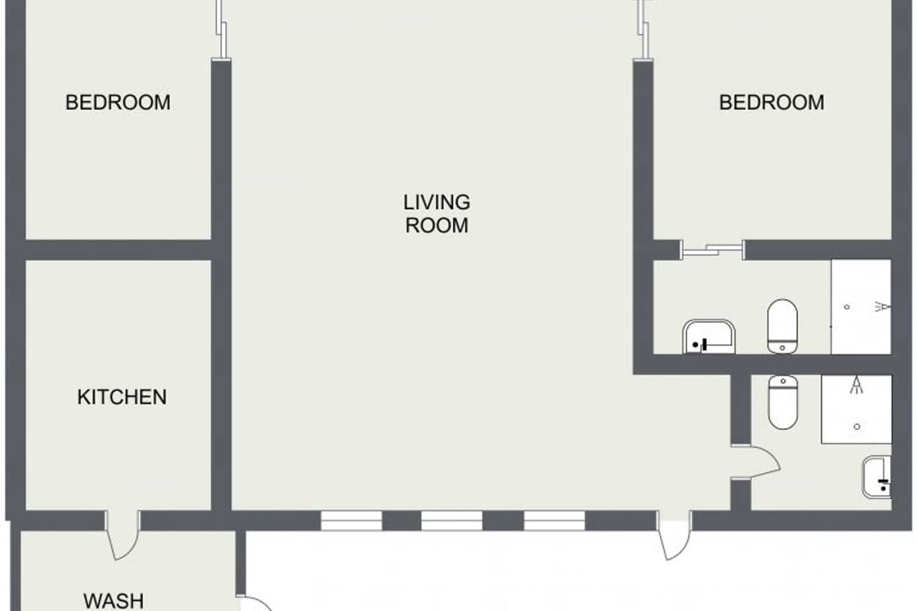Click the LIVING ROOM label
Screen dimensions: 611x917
click(x=437, y=213)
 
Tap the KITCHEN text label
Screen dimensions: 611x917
click(x=122, y=397)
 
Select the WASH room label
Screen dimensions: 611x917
click(x=113, y=600)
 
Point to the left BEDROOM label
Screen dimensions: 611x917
click(x=117, y=102)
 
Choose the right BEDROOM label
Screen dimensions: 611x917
click(x=771, y=102)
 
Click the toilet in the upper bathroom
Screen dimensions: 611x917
click(x=782, y=326)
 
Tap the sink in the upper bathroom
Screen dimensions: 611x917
click(x=709, y=337)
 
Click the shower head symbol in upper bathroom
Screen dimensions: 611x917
click(x=883, y=307)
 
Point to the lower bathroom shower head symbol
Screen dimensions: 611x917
click(x=856, y=385)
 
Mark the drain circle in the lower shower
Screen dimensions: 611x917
click(x=857, y=426)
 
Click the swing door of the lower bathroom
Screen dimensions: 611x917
click(x=757, y=461)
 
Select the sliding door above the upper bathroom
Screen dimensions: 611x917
click(x=712, y=250)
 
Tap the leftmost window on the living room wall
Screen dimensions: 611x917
click(x=351, y=520)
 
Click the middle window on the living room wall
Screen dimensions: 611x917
click(x=452, y=520)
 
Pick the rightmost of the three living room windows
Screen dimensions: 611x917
click(x=554, y=520)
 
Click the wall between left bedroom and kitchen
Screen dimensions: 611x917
click(x=117, y=250)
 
